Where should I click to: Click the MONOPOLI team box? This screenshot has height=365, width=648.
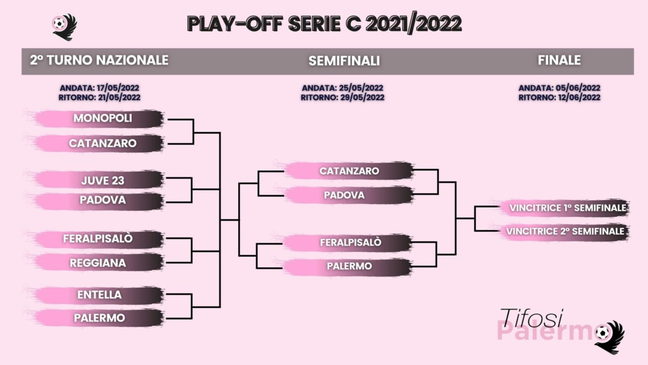point(103,118)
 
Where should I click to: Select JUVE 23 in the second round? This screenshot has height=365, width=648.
point(103,180)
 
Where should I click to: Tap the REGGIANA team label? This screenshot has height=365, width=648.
point(98,263)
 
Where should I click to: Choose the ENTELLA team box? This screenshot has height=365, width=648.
point(99,295)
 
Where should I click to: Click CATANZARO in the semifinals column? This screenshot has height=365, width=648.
point(349,171)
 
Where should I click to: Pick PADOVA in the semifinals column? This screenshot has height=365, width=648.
point(344,195)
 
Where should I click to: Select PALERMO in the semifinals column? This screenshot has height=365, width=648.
point(349,266)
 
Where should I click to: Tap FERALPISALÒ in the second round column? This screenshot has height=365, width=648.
point(98,238)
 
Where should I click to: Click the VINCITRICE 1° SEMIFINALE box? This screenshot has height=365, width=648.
point(566,208)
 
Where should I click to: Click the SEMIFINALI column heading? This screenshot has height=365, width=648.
point(344,61)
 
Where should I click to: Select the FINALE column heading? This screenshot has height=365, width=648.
point(559,61)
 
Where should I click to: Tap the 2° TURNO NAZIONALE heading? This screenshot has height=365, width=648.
point(99,61)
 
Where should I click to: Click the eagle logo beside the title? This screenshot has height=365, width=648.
point(64,25)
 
